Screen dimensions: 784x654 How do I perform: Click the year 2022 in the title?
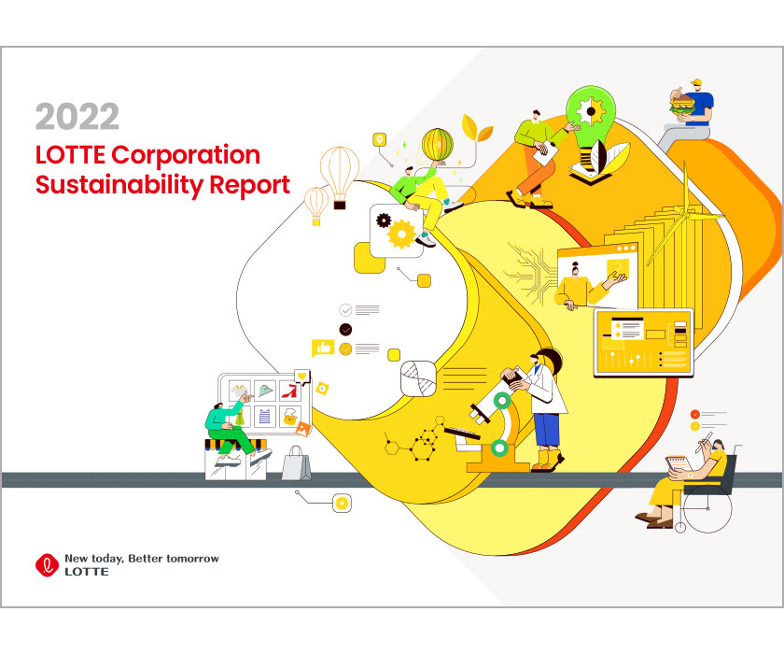click(77, 116)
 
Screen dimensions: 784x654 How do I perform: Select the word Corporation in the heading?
click(186, 155)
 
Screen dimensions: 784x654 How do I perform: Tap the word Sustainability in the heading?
click(118, 185)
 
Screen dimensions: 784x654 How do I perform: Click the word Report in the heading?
click(249, 186)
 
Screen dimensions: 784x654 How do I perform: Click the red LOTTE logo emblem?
click(47, 565)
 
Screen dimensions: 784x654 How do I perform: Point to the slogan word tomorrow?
click(192, 559)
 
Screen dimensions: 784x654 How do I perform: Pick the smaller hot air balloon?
click(316, 206)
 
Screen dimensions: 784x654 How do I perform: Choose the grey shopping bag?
click(296, 463)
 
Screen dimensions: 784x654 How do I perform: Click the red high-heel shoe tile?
click(290, 391)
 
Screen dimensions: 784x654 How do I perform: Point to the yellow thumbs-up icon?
click(323, 348)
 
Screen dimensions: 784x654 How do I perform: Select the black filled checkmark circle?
click(345, 329)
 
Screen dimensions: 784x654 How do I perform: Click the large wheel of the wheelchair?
click(707, 508)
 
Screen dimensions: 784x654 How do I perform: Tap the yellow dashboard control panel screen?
click(643, 343)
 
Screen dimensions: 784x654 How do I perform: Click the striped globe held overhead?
click(438, 145)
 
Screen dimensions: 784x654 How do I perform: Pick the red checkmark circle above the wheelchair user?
click(694, 414)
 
